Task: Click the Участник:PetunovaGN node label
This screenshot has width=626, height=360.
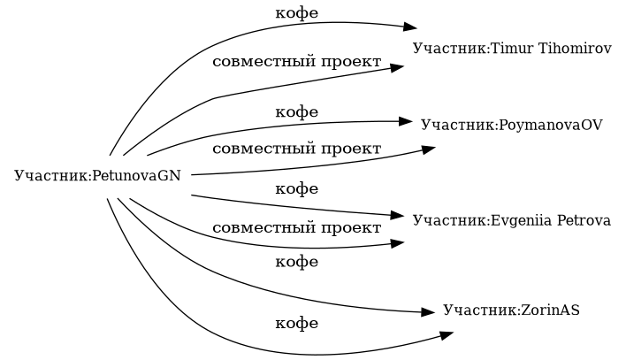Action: point(97,175)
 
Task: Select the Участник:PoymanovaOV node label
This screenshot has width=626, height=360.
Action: point(511,125)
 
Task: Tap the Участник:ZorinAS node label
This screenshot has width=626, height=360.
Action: point(511,310)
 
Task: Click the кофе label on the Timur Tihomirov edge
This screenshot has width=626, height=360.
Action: point(297,12)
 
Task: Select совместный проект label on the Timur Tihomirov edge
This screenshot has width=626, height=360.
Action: point(297,63)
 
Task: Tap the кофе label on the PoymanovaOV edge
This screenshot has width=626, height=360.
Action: point(297,112)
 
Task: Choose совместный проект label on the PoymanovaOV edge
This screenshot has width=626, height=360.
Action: point(297,149)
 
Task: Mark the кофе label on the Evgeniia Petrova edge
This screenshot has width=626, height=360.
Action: point(297,188)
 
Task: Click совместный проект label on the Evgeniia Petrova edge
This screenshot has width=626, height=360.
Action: point(297,228)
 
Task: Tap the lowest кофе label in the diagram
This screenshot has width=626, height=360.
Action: point(297,324)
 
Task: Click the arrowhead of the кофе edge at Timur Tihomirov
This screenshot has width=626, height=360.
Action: point(408,27)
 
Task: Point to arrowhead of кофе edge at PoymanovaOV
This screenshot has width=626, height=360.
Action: point(407,121)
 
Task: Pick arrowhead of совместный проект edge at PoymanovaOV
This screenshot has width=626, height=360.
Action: point(428,149)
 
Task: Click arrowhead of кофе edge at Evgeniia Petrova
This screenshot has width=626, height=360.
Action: point(397,215)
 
